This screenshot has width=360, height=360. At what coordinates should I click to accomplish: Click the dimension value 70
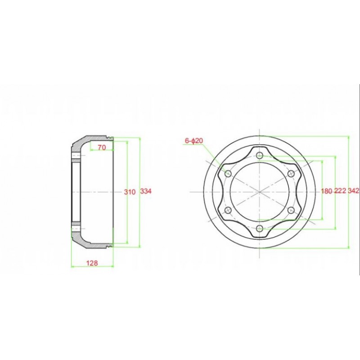pyautogui.click(x=102, y=148)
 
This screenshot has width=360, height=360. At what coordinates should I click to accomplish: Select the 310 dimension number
pyautogui.click(x=130, y=192)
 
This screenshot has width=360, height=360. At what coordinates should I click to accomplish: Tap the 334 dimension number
pyautogui.click(x=146, y=191)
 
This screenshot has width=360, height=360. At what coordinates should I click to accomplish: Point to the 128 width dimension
pyautogui.click(x=92, y=263)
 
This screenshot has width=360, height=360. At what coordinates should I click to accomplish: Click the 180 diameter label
pyautogui.click(x=327, y=191)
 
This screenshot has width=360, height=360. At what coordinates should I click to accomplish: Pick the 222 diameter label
pyautogui.click(x=340, y=190)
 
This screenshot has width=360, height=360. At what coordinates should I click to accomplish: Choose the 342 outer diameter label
pyautogui.click(x=354, y=190)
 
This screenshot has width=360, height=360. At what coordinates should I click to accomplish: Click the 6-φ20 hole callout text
pyautogui.click(x=194, y=140)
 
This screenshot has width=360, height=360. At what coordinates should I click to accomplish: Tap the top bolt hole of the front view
pyautogui.click(x=260, y=155)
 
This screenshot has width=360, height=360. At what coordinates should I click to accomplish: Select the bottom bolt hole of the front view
pyautogui.click(x=260, y=229)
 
